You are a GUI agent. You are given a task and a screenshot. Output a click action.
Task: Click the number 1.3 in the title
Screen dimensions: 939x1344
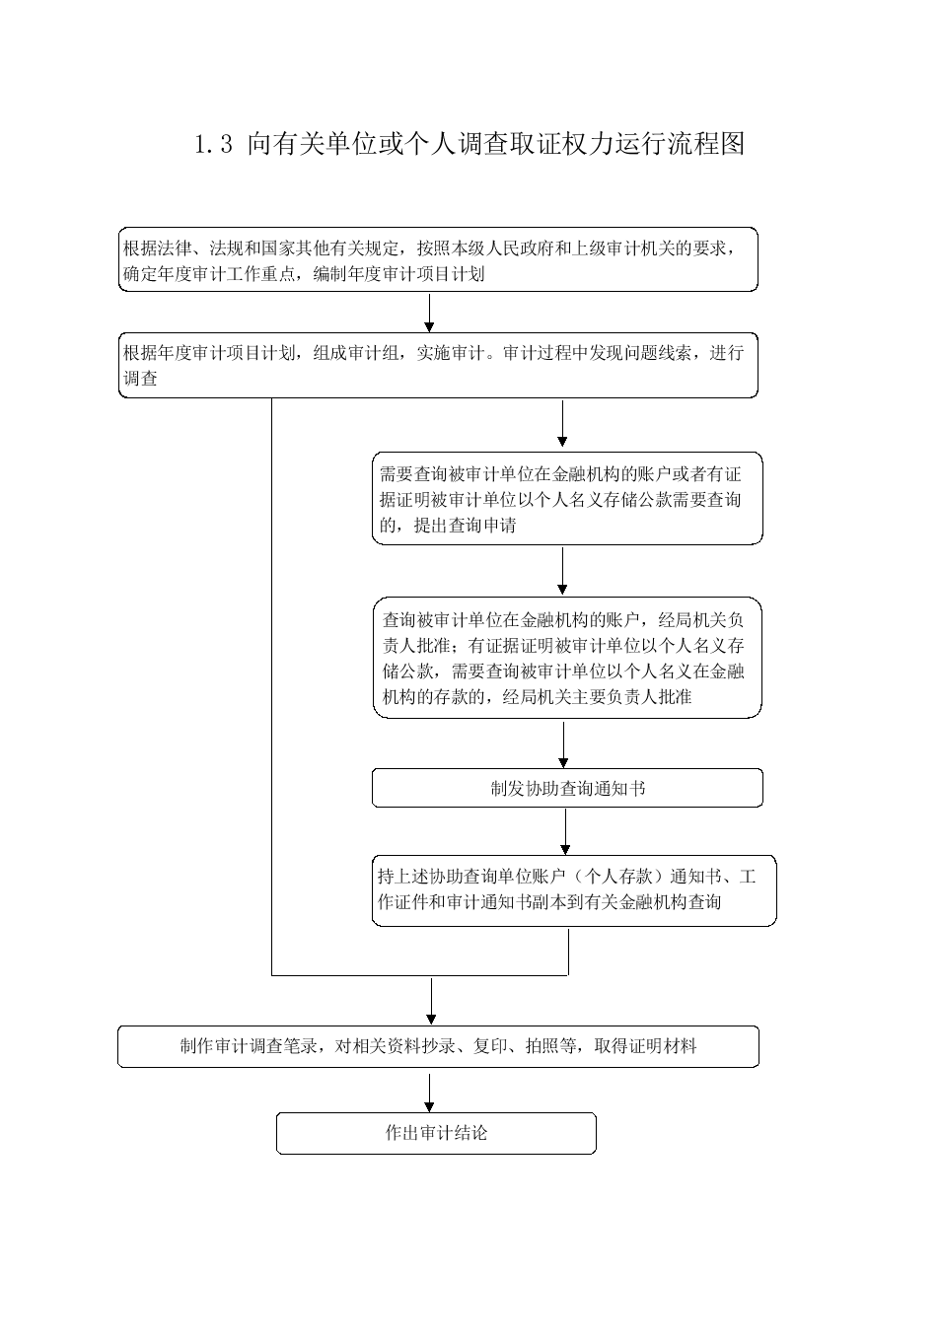[x=214, y=145]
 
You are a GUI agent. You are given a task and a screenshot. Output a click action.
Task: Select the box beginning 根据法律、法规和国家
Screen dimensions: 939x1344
[x=438, y=259]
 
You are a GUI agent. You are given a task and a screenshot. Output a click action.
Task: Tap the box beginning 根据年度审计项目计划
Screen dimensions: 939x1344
[x=438, y=366]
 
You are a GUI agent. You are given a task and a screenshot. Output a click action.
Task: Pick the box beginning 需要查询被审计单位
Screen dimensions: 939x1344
[x=567, y=499]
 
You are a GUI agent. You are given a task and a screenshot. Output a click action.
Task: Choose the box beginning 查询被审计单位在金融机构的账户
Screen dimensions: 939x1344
[x=567, y=658]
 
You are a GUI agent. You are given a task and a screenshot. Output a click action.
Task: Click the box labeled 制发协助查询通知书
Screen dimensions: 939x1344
[x=567, y=788]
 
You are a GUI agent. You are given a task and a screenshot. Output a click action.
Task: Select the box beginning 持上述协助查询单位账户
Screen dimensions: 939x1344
[x=574, y=891]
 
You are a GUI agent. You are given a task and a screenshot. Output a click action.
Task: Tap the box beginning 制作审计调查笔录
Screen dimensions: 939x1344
[x=438, y=1046]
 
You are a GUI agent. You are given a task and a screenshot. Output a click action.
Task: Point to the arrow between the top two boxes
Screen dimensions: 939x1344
[x=429, y=312]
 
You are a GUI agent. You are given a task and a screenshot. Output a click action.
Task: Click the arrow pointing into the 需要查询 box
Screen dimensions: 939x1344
[x=562, y=423]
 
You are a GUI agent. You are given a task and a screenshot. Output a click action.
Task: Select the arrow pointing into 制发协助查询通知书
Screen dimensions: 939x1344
[x=563, y=744]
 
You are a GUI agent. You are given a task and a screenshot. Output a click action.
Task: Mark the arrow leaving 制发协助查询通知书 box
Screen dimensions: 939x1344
[x=565, y=831]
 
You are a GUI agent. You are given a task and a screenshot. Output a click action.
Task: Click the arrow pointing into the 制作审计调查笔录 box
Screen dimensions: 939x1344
[x=431, y=1002]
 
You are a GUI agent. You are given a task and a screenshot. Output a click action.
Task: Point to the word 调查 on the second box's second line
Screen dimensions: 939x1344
[x=140, y=379]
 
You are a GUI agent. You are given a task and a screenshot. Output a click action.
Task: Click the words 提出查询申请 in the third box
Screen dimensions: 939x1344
[x=465, y=526]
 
